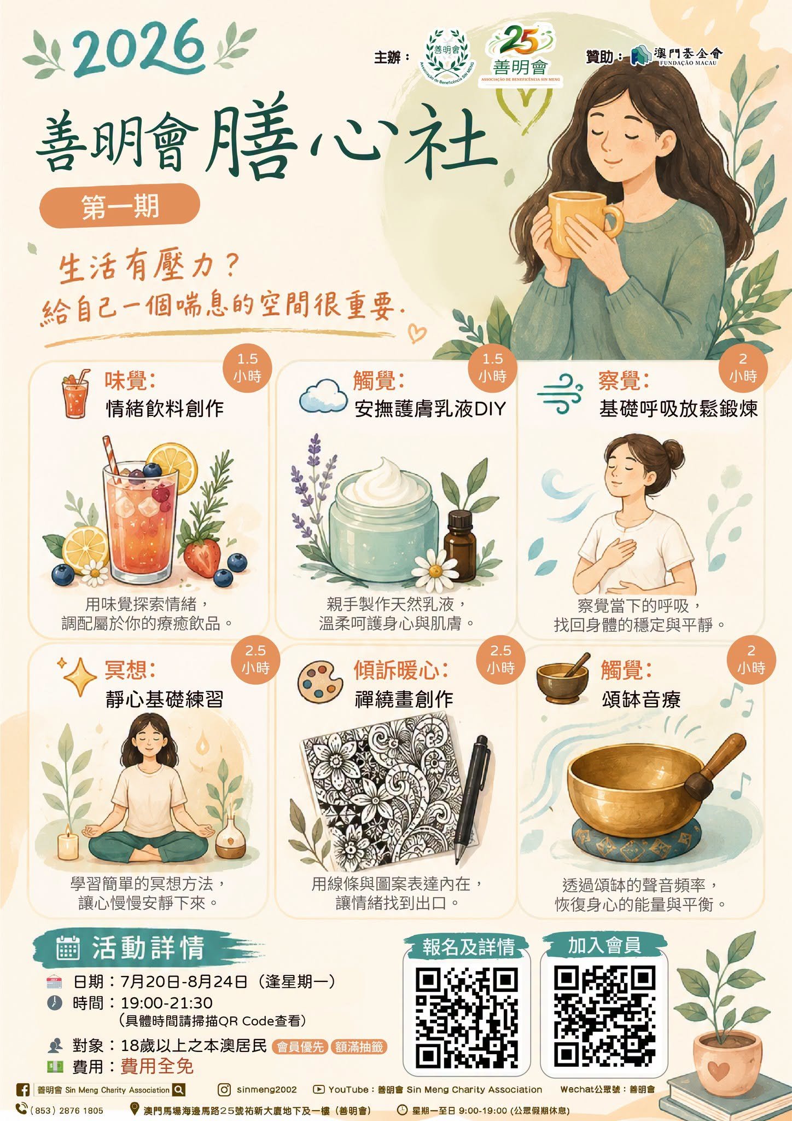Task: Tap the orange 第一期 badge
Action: click(120, 206)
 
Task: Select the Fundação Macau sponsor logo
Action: click(676, 55)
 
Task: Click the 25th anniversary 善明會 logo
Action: click(520, 55)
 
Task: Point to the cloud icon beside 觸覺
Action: click(323, 396)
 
